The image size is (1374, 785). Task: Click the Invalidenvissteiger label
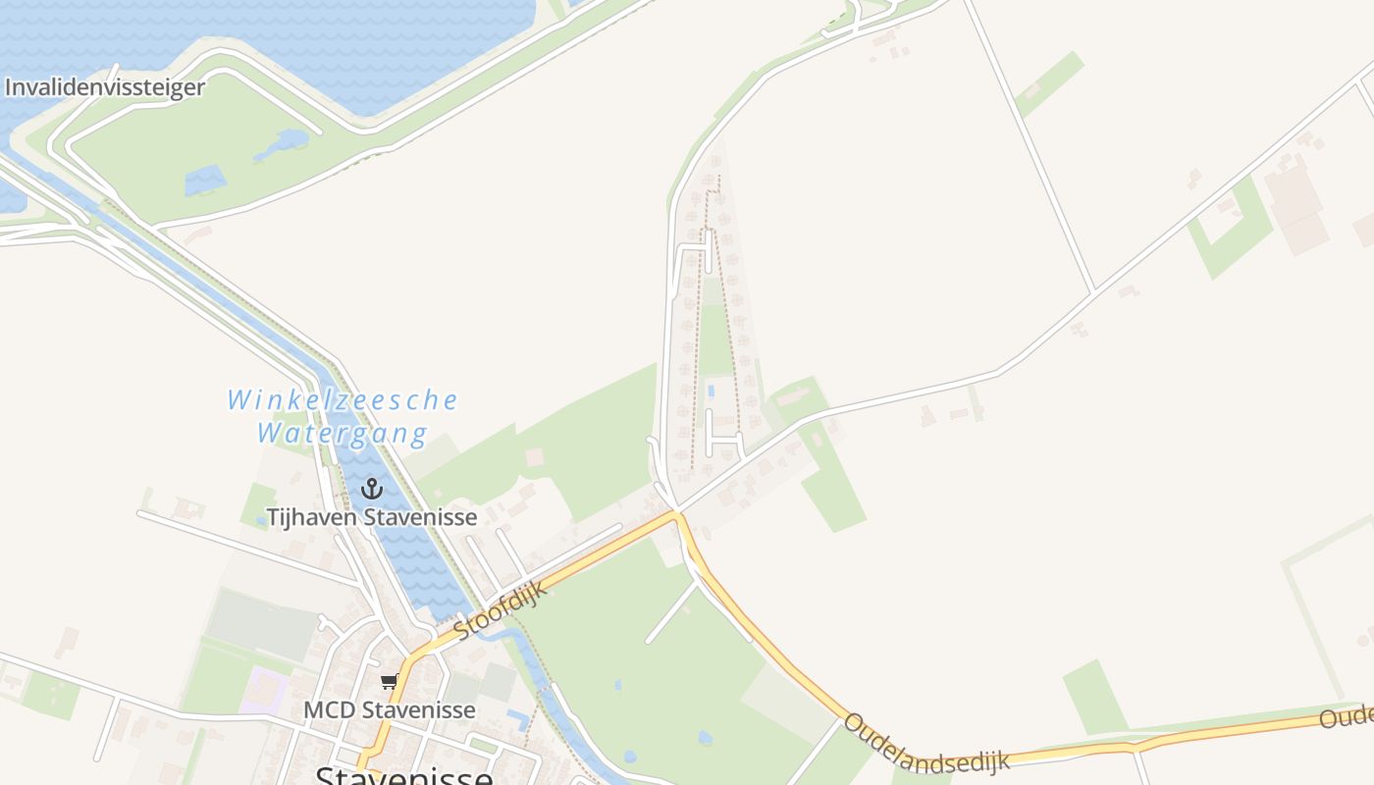pos(105,87)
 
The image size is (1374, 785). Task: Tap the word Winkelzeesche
pos(343,400)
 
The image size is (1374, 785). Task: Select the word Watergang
pos(343,433)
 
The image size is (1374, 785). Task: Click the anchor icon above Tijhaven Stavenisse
pos(372,489)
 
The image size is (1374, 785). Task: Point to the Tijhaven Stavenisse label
pos(372,517)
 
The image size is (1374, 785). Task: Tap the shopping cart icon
pos(390,682)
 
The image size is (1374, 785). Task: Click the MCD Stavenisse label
pos(390,709)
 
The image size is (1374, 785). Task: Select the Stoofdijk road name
pos(502,609)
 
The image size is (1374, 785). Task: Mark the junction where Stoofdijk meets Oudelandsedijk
pos(675,512)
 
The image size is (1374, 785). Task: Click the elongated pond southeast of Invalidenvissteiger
pos(281,145)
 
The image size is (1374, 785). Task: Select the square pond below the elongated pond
pos(205,181)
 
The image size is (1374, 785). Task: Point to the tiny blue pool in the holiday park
pos(711,391)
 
